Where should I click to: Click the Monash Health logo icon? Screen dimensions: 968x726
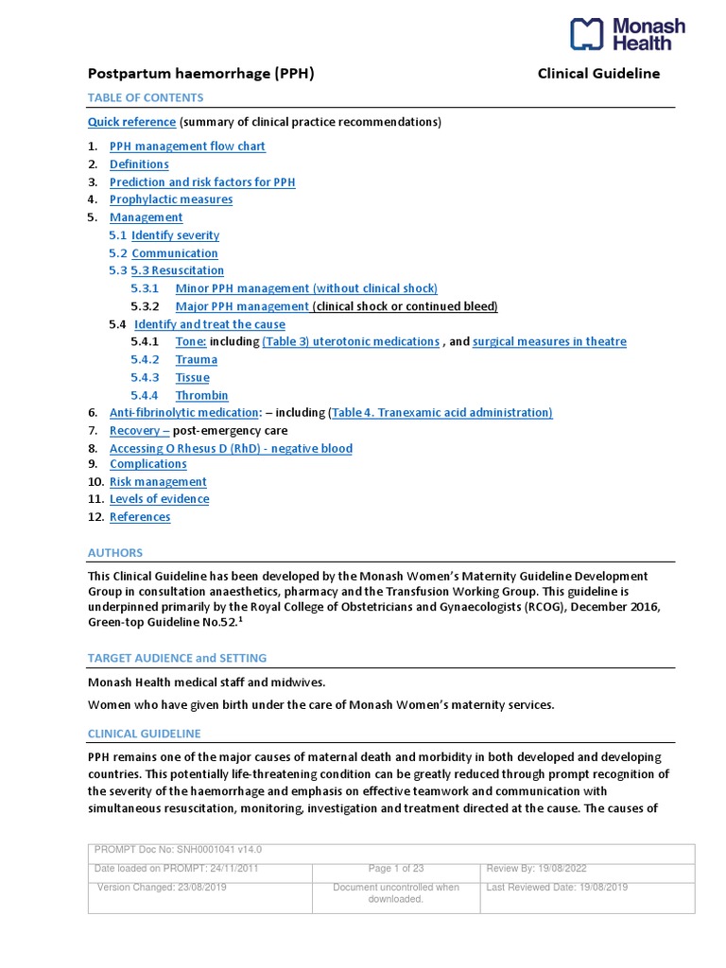click(x=586, y=34)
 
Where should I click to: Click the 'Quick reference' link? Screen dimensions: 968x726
click(x=131, y=122)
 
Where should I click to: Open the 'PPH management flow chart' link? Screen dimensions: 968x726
click(x=187, y=147)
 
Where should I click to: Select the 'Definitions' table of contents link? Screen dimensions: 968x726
click(x=139, y=164)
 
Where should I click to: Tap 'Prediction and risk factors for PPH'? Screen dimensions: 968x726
click(x=202, y=182)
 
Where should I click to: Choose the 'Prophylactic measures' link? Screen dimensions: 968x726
click(x=171, y=199)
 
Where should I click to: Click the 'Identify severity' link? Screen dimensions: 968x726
click(x=175, y=235)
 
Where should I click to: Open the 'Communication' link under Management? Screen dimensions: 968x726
click(x=175, y=253)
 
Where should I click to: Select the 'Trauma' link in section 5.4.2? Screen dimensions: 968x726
click(x=197, y=359)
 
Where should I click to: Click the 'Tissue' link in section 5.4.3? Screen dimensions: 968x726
click(x=193, y=377)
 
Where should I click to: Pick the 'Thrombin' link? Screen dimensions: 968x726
click(x=201, y=395)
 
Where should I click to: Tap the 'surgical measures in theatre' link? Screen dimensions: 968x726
click(x=549, y=341)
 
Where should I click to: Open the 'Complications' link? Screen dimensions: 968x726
click(x=148, y=464)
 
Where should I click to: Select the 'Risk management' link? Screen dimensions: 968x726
click(x=158, y=482)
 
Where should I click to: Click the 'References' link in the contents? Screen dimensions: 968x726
click(x=140, y=517)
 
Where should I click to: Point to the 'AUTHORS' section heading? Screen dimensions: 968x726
click(x=115, y=553)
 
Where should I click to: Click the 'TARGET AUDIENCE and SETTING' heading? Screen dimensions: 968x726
click(x=177, y=658)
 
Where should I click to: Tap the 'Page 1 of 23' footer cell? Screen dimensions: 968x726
click(x=396, y=869)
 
